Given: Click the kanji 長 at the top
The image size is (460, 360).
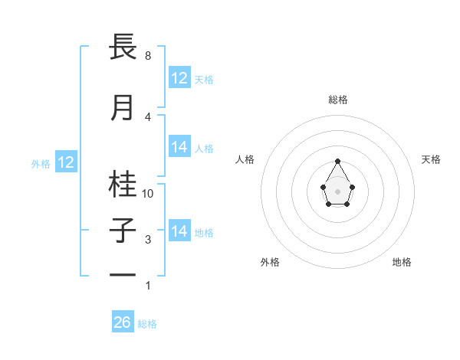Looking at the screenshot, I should click(x=123, y=47).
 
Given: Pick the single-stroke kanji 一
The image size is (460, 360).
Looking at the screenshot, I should click(x=123, y=273).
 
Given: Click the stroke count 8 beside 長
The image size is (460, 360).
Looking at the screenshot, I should click(x=147, y=56).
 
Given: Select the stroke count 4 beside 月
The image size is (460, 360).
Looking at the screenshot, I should click(x=147, y=116).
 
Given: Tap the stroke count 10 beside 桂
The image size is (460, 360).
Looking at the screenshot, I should click(x=149, y=194).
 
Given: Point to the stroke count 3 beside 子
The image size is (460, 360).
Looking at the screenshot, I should click(x=147, y=240).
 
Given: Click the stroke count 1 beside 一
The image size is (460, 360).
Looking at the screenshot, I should click(x=147, y=286).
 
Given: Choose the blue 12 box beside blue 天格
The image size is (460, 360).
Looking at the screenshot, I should click(x=179, y=78).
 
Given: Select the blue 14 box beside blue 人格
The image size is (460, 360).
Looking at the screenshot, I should click(x=179, y=147).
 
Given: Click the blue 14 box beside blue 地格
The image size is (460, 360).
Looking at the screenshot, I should click(x=179, y=231).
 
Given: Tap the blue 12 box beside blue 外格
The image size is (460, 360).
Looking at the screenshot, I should click(x=66, y=162).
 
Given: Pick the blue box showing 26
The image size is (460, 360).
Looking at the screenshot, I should click(x=123, y=322).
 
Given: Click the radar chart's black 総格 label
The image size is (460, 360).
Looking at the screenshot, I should click(x=337, y=100).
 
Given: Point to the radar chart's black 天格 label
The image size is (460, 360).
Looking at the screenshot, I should click(x=432, y=159).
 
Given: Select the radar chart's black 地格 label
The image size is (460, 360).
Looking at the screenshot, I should click(x=402, y=262).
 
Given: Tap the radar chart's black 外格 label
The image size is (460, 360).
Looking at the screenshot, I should click(x=270, y=262).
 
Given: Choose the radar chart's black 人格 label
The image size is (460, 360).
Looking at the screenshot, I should click(x=245, y=159).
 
